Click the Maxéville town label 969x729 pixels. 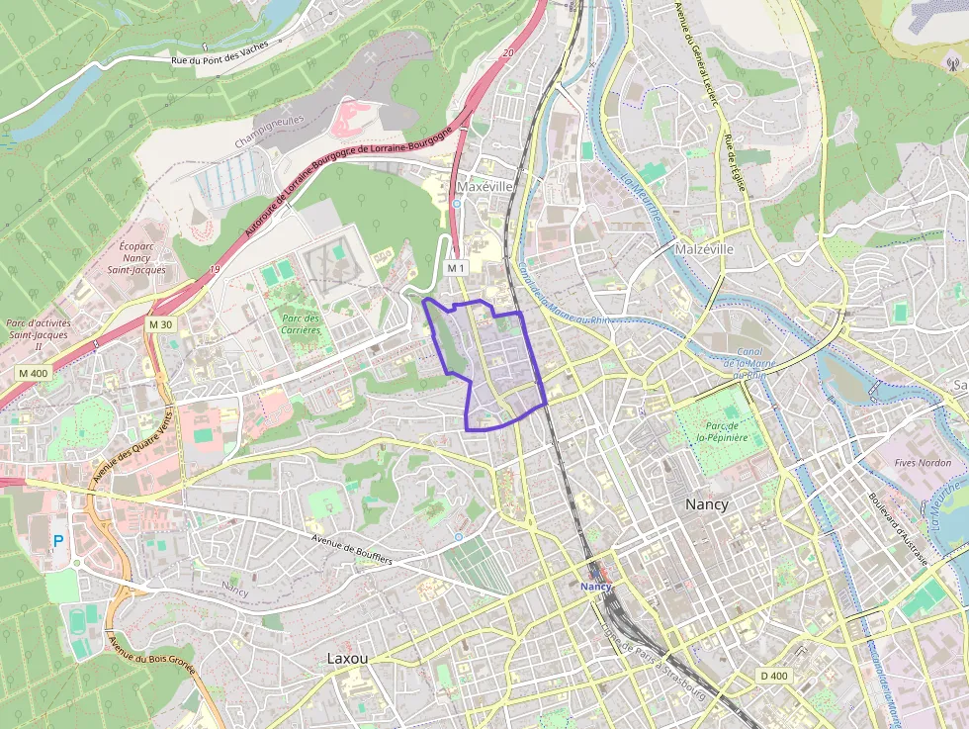click(x=485, y=186)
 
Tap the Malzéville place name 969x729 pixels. click(x=704, y=249)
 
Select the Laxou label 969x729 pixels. click(x=347, y=658)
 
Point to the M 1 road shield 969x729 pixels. click(x=456, y=268)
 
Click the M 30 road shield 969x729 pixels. click(x=160, y=324)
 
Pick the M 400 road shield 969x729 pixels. click(x=33, y=373)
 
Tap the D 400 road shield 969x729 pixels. click(x=774, y=676)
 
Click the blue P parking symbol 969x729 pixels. click(x=57, y=542)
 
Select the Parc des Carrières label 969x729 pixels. click(x=301, y=324)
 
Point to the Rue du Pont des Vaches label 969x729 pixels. click(x=220, y=61)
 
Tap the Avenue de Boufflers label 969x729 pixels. click(x=352, y=550)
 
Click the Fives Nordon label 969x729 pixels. click(x=922, y=462)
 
